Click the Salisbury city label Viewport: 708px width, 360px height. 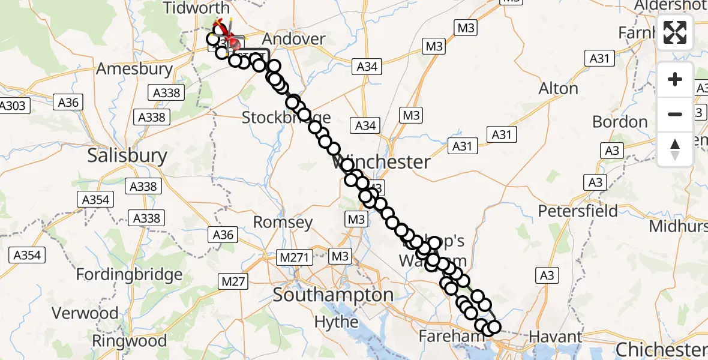point(127,156)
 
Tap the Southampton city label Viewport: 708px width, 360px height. point(333,295)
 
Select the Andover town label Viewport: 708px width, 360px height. point(294,39)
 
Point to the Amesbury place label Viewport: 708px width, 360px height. point(134,69)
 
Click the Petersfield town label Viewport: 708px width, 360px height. point(578,211)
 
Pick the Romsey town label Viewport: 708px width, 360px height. point(283,223)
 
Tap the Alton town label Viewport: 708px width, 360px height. point(559,89)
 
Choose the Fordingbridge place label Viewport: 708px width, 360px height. point(130,275)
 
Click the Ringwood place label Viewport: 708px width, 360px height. point(129,341)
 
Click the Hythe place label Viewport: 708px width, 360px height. point(337,322)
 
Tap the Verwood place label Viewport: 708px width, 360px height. point(85,313)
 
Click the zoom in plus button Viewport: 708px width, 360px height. point(675,79)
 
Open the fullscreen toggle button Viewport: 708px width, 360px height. point(675,32)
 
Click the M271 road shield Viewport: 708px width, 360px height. point(295,257)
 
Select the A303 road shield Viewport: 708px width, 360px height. point(12,106)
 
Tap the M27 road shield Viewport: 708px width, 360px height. point(233,281)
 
